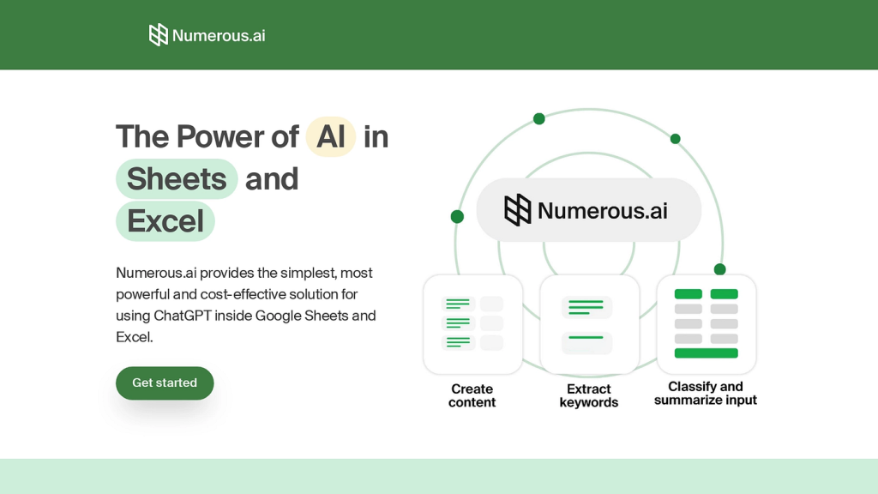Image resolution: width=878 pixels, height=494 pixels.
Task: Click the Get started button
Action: pyautogui.click(x=165, y=383)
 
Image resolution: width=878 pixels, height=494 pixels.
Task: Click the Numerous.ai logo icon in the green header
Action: pyautogui.click(x=159, y=34)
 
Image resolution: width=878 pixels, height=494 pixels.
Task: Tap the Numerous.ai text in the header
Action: pyautogui.click(x=219, y=35)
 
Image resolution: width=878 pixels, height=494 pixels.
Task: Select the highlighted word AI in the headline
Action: pyautogui.click(x=331, y=136)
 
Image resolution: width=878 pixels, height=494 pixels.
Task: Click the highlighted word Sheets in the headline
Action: pyautogui.click(x=177, y=178)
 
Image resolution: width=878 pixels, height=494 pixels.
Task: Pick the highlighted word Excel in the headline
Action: pyautogui.click(x=165, y=221)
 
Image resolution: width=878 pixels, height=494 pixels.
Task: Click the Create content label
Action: pyautogui.click(x=472, y=395)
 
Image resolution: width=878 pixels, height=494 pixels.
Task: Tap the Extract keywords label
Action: pyautogui.click(x=588, y=395)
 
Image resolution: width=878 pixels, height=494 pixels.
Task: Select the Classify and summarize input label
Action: pyautogui.click(x=706, y=393)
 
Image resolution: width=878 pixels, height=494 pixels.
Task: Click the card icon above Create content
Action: pyautogui.click(x=473, y=324)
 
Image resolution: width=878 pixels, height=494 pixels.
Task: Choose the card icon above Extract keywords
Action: pyautogui.click(x=590, y=324)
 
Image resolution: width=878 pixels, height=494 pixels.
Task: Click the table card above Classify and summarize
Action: pyautogui.click(x=707, y=324)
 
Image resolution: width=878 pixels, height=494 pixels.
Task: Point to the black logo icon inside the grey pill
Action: pyautogui.click(x=518, y=210)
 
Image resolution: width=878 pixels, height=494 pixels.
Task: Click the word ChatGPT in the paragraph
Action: pyautogui.click(x=183, y=316)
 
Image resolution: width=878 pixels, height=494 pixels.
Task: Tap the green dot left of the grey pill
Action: pyautogui.click(x=458, y=217)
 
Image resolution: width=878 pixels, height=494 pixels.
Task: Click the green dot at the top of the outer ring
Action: pyautogui.click(x=539, y=118)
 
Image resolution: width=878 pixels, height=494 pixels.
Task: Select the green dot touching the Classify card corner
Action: pyautogui.click(x=720, y=269)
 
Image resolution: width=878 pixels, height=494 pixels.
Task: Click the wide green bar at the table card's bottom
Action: pyautogui.click(x=707, y=352)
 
